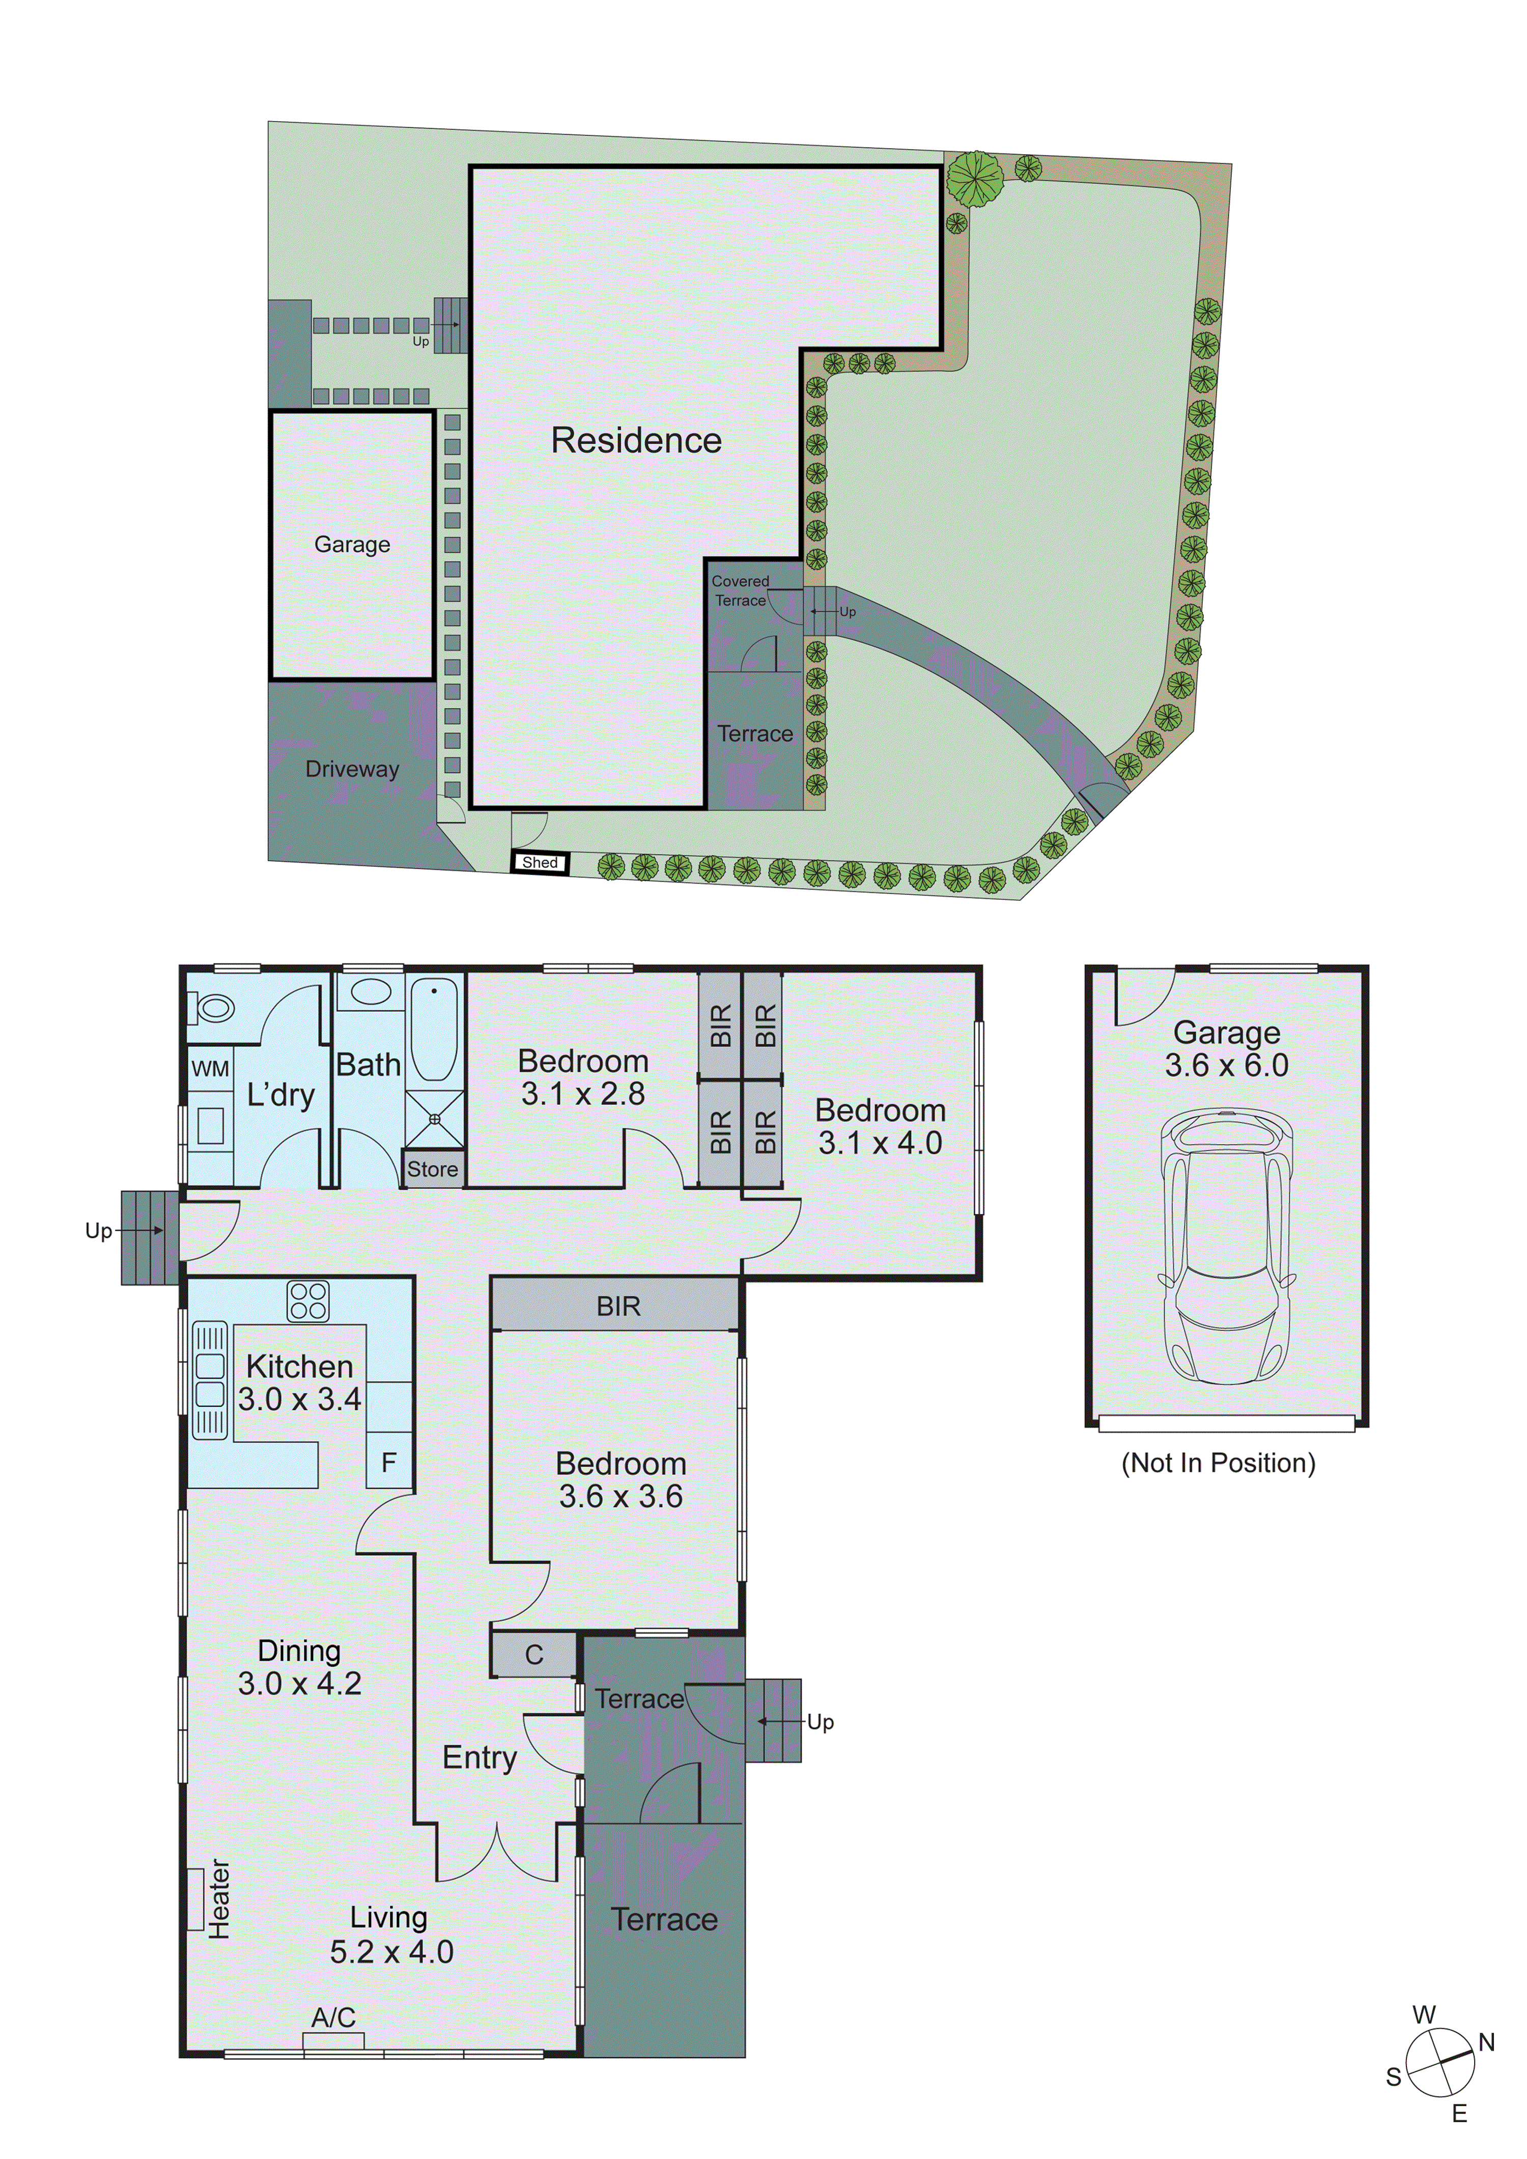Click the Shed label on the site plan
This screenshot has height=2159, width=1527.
tap(540, 862)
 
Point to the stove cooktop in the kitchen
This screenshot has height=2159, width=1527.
tap(307, 1301)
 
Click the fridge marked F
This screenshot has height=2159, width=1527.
tap(388, 1462)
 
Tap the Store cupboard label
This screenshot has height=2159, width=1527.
tap(433, 1169)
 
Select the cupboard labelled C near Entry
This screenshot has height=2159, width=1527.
tap(533, 1655)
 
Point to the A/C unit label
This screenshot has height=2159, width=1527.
tap(333, 2017)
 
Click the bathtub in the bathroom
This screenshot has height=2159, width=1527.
tap(434, 1030)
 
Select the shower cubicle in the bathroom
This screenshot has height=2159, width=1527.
tap(434, 1119)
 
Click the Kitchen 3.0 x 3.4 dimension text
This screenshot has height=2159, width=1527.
tap(299, 1382)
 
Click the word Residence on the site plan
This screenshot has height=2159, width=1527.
tap(636, 440)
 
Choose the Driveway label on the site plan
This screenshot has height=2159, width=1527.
tap(352, 769)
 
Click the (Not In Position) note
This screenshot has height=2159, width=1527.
tap(1218, 1463)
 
